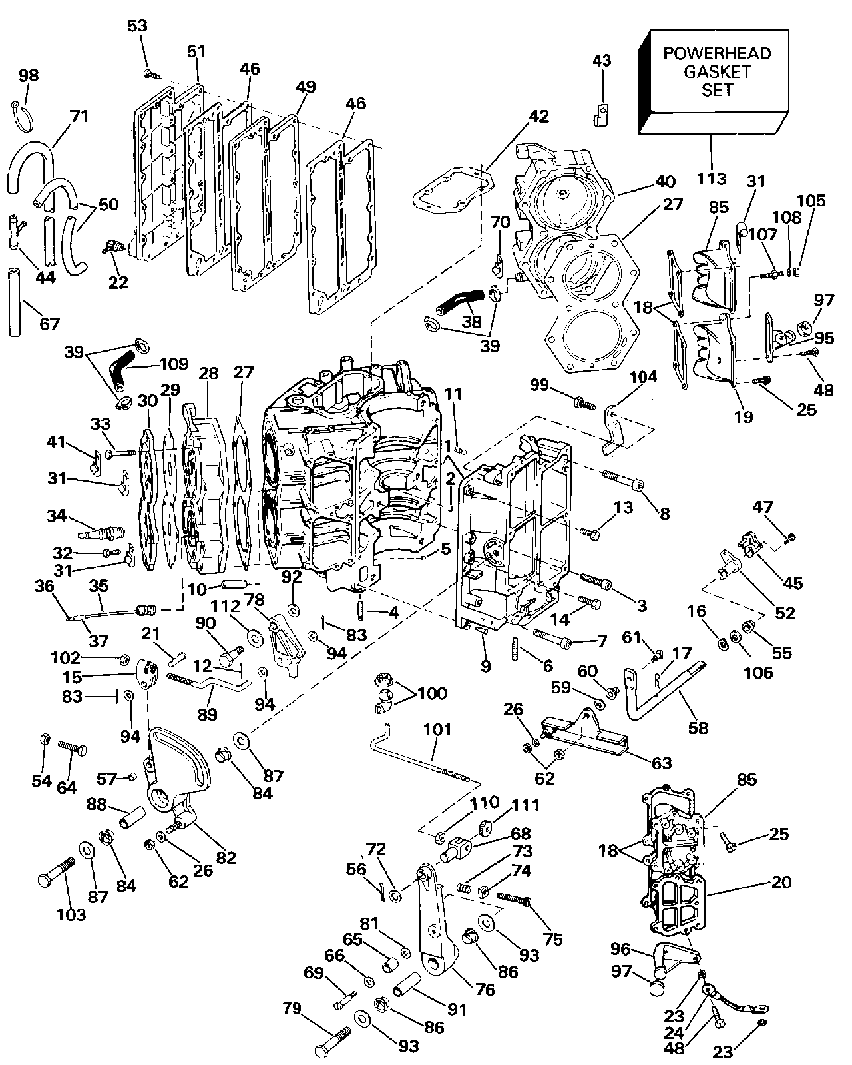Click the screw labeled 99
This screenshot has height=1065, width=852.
pos(584,403)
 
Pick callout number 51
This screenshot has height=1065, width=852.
pos(197,51)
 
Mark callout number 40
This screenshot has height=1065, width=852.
pos(665,181)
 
